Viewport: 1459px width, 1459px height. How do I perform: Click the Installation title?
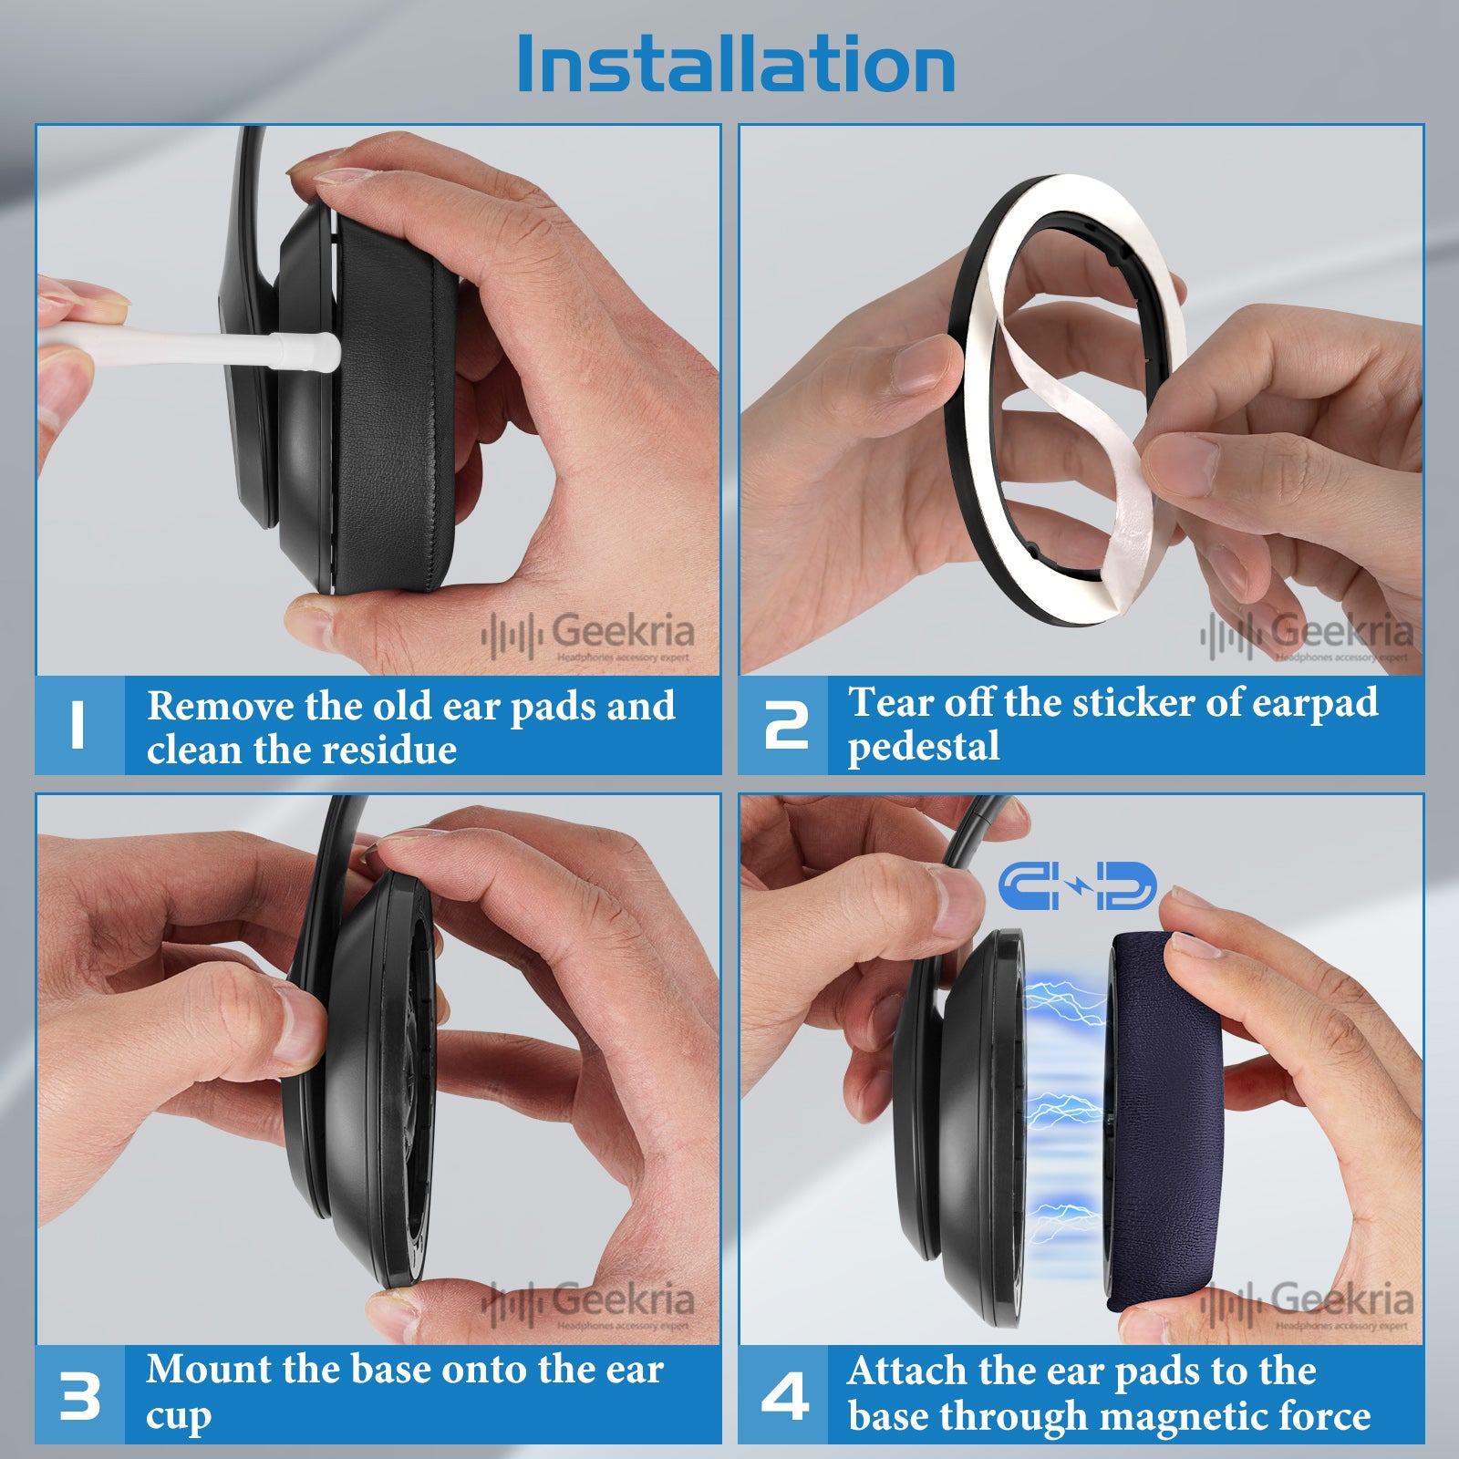pyautogui.click(x=736, y=64)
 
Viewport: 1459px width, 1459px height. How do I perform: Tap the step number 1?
pyautogui.click(x=78, y=726)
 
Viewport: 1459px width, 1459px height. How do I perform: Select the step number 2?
pyautogui.click(x=786, y=726)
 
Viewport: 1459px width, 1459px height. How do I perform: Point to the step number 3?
pyautogui.click(x=79, y=1395)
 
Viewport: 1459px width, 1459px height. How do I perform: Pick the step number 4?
pyautogui.click(x=785, y=1395)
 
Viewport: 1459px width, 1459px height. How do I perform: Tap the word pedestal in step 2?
pyautogui.click(x=924, y=748)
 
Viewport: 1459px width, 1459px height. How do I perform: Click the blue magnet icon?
pyautogui.click(x=1077, y=886)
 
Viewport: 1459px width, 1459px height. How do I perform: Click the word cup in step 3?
pyautogui.click(x=179, y=1417)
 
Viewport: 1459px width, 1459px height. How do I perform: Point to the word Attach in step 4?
pyautogui.click(x=908, y=1371)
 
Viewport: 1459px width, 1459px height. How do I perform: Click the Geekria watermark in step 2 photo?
pyautogui.click(x=1308, y=635)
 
